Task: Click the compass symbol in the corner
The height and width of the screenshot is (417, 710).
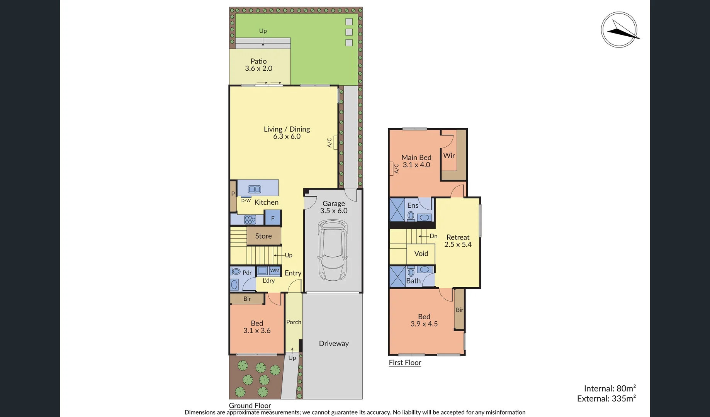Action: pyautogui.click(x=619, y=30)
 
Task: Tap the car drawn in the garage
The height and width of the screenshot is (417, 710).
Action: pyautogui.click(x=333, y=250)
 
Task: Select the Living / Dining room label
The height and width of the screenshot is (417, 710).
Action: pyautogui.click(x=287, y=132)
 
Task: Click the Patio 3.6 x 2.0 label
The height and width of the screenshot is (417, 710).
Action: pyautogui.click(x=258, y=65)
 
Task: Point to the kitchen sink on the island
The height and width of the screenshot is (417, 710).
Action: pyautogui.click(x=254, y=189)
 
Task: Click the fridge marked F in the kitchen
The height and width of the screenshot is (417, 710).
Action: pyautogui.click(x=273, y=219)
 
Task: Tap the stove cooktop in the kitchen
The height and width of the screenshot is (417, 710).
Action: pyautogui.click(x=250, y=220)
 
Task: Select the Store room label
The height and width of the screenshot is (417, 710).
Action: pyautogui.click(x=263, y=236)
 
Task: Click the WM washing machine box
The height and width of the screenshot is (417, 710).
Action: pyautogui.click(x=275, y=271)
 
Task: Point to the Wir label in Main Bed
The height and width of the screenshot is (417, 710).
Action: pyautogui.click(x=449, y=156)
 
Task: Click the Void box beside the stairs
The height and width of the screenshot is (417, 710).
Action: pyautogui.click(x=421, y=254)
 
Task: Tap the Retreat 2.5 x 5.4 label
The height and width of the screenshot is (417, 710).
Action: pyautogui.click(x=458, y=241)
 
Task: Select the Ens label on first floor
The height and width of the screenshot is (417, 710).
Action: pyautogui.click(x=413, y=205)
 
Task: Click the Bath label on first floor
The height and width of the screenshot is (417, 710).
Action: pyautogui.click(x=413, y=281)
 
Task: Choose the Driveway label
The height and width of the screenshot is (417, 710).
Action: pyautogui.click(x=334, y=343)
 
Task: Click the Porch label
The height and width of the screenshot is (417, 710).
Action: pyautogui.click(x=294, y=322)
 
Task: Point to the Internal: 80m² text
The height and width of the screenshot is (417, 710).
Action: pyautogui.click(x=610, y=388)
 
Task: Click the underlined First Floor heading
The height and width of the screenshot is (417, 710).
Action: pyautogui.click(x=405, y=363)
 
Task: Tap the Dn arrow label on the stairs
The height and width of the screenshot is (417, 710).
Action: pyautogui.click(x=433, y=236)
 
